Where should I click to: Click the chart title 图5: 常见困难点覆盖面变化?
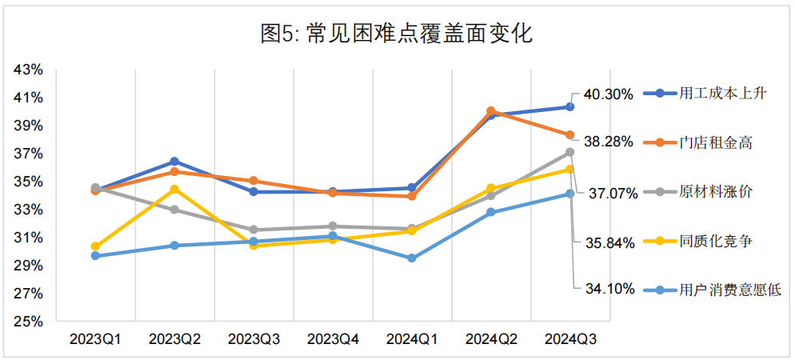397,34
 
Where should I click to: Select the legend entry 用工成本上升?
722,94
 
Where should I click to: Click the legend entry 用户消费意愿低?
729,290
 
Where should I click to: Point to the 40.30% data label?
609,94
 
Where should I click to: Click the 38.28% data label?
609,142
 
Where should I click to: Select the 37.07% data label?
613,193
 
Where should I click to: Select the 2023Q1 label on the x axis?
95,339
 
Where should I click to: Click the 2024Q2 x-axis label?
491,339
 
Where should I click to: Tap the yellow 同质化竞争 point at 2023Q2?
174,189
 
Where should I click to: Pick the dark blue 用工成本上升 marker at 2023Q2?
174,162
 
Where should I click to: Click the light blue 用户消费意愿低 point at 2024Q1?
412,258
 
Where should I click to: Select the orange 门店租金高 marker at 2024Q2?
491,111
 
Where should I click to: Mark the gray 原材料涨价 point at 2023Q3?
254,230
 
